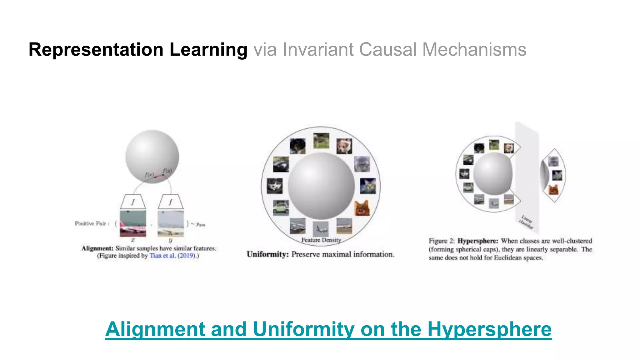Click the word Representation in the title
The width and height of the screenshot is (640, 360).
pos(96,50)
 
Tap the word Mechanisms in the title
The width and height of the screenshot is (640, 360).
pos(474,50)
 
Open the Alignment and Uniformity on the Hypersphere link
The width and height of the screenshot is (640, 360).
pos(328,329)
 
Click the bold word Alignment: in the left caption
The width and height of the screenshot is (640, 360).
pos(97,248)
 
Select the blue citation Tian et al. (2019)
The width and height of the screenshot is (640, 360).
pos(171,256)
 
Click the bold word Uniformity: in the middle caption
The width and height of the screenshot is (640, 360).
pos(267,254)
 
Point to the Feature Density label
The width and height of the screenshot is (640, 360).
pos(321,240)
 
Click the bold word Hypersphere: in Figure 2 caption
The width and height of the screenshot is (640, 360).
pos(477,241)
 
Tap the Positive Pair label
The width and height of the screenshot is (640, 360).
pos(91,223)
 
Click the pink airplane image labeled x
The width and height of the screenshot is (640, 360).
pos(133,223)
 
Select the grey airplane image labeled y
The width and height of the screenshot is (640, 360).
pos(171,223)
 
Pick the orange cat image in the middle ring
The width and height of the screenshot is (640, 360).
pos(362,208)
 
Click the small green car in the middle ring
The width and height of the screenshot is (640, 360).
pos(281,208)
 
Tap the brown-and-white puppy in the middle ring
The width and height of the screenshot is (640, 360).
pos(344,146)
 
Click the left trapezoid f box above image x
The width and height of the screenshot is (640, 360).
pos(133,202)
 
